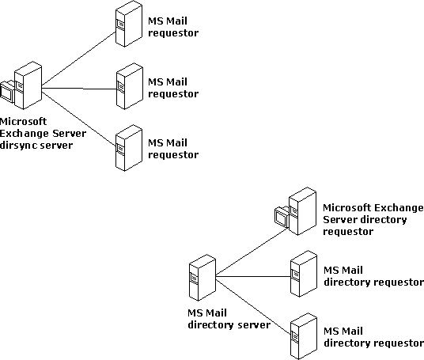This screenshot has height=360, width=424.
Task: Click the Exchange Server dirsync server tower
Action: (x=28, y=85)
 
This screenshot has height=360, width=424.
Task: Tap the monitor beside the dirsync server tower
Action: (x=6, y=92)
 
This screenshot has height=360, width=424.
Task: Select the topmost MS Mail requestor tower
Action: (x=129, y=24)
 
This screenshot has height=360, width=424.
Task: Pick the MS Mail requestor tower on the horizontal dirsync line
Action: (x=130, y=86)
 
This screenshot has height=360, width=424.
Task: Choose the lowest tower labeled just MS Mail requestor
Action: (x=129, y=148)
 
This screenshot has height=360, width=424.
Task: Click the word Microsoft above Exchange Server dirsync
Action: (x=23, y=122)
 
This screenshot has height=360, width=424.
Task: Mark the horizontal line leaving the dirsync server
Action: (x=79, y=88)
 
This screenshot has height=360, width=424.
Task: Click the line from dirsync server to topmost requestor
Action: (x=78, y=59)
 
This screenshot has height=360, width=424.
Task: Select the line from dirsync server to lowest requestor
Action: (x=78, y=119)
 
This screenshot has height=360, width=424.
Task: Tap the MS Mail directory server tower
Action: (x=203, y=278)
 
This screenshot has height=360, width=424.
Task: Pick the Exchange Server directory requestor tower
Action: (x=302, y=211)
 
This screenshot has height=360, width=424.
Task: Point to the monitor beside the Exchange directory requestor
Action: (x=282, y=217)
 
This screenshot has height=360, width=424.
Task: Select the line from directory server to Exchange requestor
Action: (x=252, y=252)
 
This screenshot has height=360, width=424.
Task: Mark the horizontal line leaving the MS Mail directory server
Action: (x=253, y=276)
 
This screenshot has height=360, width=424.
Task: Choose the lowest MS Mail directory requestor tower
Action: (x=304, y=336)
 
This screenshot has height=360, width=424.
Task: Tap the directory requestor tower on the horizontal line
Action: (x=304, y=274)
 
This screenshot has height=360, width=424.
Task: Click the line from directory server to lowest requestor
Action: (x=253, y=307)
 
